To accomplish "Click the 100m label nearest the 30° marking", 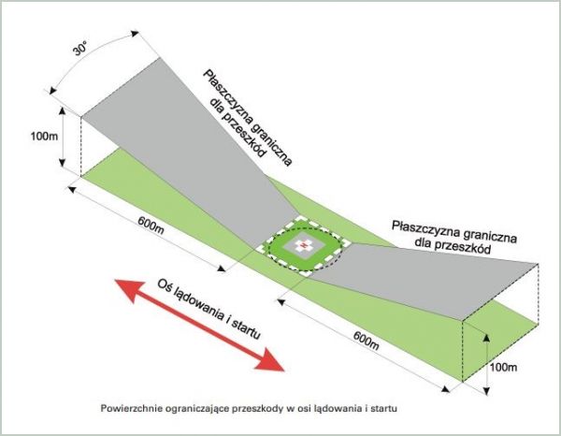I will point(44,137).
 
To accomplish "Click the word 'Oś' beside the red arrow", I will point(166,284).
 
